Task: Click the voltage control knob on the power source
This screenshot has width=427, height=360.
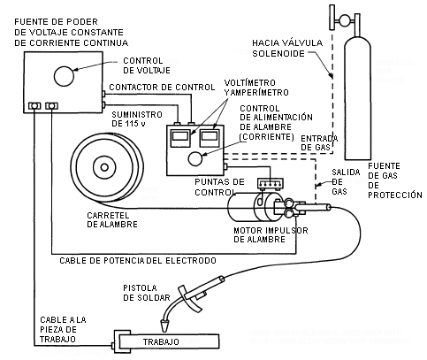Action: click(x=64, y=76)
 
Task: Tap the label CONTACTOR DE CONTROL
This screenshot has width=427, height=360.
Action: click(x=162, y=88)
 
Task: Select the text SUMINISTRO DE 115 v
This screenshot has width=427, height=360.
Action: click(x=137, y=119)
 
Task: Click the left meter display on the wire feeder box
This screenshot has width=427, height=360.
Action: click(x=180, y=136)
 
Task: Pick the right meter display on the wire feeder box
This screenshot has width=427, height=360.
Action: click(x=210, y=136)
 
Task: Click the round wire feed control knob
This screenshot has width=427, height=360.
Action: click(x=195, y=159)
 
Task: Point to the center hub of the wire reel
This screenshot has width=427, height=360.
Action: click(x=104, y=167)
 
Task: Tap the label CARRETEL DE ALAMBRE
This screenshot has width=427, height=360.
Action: click(x=112, y=219)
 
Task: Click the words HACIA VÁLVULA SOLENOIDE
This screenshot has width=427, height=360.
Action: click(x=287, y=48)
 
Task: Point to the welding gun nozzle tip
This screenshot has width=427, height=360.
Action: click(x=164, y=326)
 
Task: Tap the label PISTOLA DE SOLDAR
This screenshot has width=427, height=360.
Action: click(x=147, y=293)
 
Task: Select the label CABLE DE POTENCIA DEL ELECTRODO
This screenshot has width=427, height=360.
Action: click(x=138, y=261)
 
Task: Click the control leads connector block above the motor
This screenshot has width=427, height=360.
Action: click(x=271, y=183)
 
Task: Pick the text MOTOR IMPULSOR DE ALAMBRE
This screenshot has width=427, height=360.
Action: click(x=271, y=234)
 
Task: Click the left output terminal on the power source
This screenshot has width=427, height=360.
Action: click(x=34, y=105)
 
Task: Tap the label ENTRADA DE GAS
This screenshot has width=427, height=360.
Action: click(x=319, y=142)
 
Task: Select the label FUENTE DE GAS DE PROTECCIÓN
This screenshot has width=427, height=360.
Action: click(x=395, y=180)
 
